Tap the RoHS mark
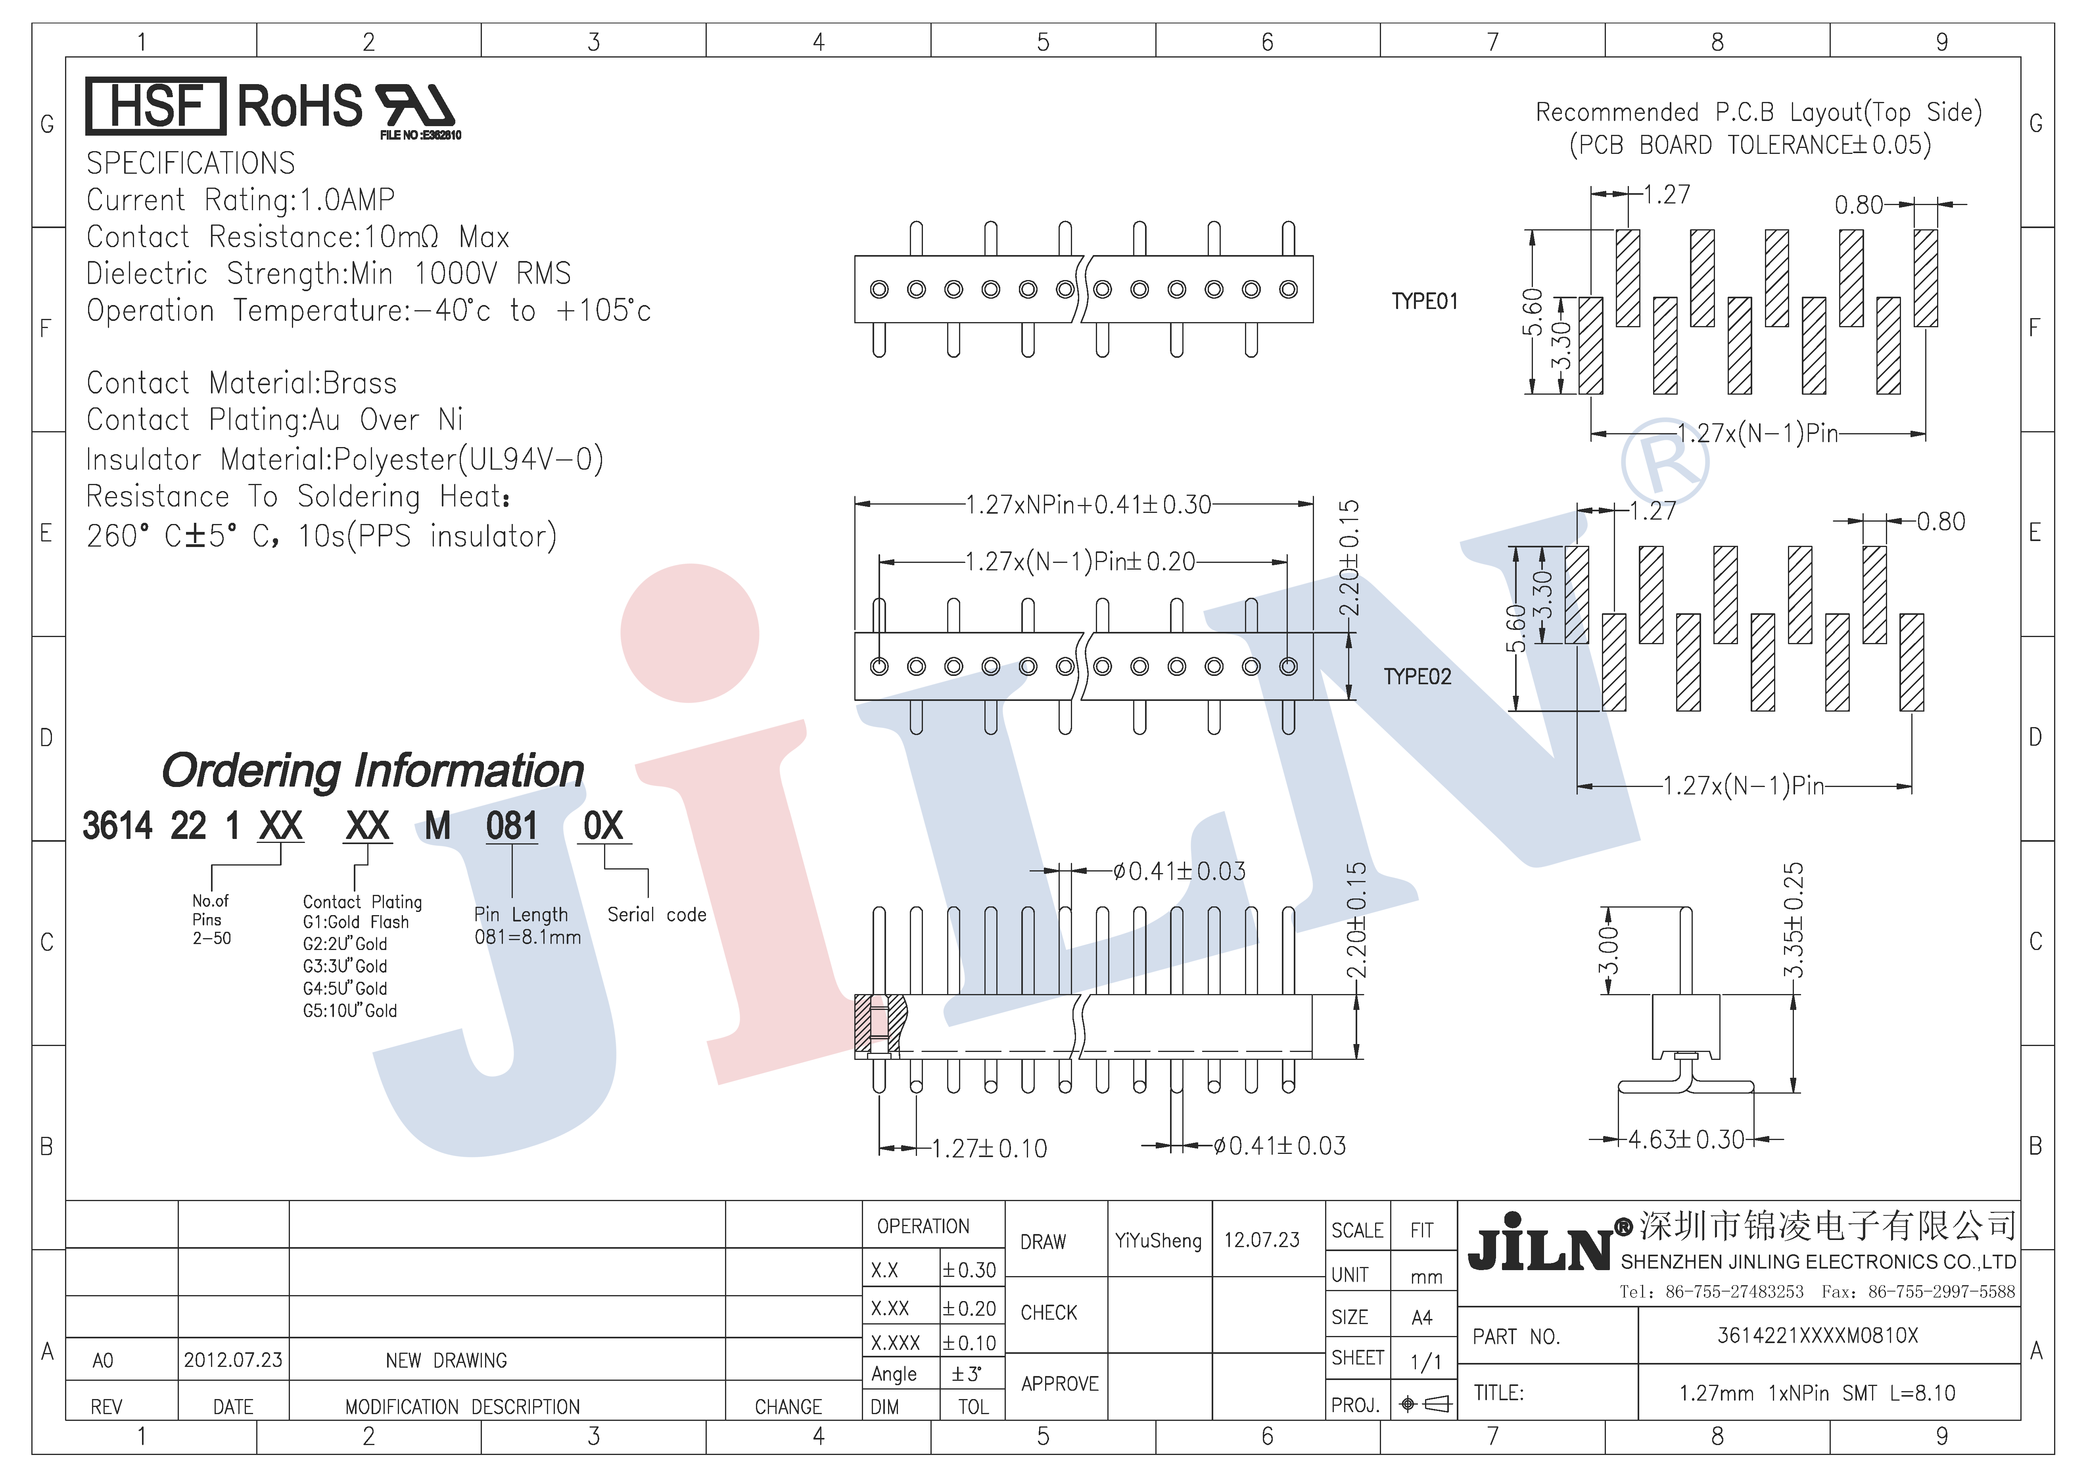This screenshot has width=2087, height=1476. (300, 106)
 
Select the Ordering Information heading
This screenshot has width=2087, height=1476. (373, 771)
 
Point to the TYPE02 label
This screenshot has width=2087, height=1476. (1417, 677)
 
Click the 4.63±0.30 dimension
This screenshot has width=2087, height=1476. (1686, 1140)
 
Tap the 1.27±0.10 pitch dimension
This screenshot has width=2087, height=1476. (990, 1149)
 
